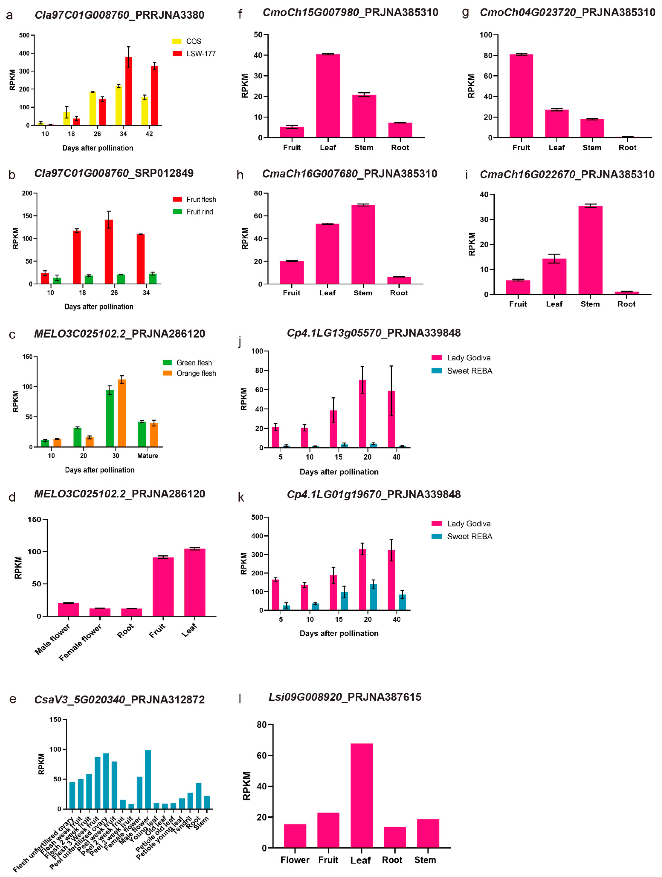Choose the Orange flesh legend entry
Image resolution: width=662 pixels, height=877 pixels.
[190, 373]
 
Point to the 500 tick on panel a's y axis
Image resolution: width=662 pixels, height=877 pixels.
[24, 35]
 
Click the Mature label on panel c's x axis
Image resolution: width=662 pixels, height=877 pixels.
[147, 456]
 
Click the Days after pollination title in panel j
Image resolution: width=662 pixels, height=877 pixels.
[339, 472]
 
